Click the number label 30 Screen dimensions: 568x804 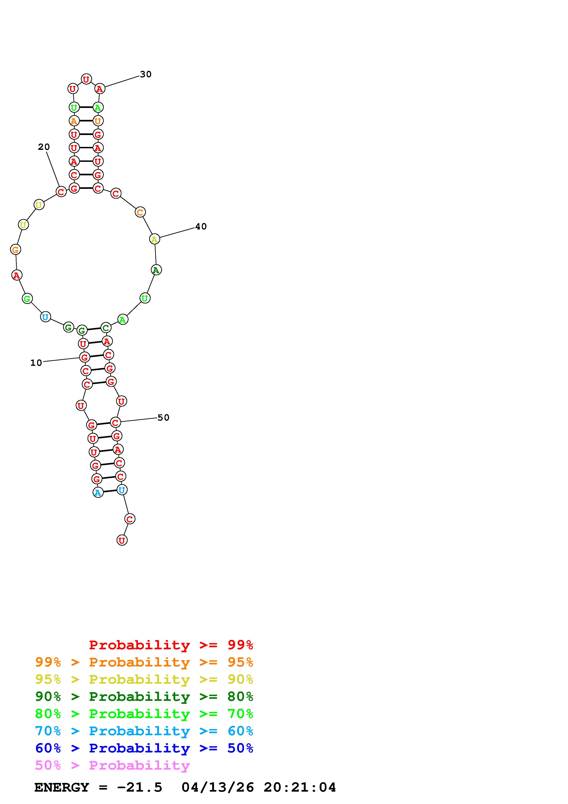point(145,74)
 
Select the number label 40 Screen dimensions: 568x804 point(201,227)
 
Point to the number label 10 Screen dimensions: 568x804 point(36,363)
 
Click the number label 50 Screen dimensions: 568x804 point(163,417)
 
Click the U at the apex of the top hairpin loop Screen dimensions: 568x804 point(86,79)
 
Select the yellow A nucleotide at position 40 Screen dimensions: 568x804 point(154,240)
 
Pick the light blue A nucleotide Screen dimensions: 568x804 point(98,493)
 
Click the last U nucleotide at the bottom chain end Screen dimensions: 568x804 point(122,540)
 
